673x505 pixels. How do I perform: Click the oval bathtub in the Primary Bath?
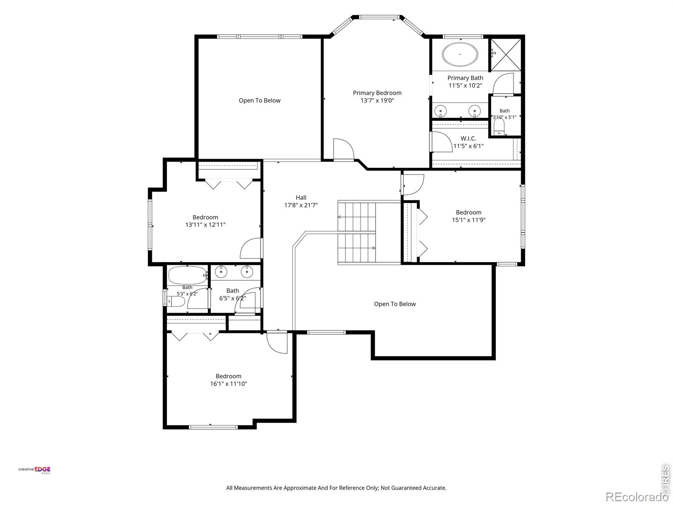(460, 54)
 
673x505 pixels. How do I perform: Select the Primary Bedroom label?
(377, 93)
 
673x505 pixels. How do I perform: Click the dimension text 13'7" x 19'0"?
(377, 101)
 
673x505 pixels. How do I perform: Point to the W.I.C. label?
(468, 138)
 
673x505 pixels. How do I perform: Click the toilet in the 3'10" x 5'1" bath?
(499, 126)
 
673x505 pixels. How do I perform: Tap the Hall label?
(301, 198)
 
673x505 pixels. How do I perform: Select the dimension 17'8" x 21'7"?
(301, 205)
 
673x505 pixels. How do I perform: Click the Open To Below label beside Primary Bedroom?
(260, 101)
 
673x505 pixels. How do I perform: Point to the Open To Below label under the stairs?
(395, 304)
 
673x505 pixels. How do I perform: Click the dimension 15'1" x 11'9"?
(469, 220)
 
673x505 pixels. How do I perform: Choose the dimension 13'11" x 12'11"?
(205, 225)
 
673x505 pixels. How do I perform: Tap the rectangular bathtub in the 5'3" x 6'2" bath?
(188, 275)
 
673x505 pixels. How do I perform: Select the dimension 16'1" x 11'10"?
(228, 384)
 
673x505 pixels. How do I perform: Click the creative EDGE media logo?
(34, 470)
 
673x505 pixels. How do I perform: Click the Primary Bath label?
(465, 78)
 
